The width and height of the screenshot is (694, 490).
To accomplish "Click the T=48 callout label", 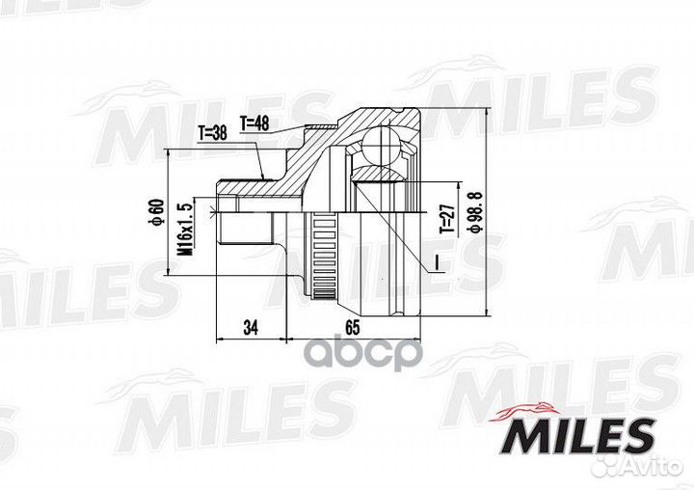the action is (254, 123).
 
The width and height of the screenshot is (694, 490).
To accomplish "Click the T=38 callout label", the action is (212, 132).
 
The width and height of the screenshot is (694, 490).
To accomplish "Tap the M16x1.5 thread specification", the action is (185, 230).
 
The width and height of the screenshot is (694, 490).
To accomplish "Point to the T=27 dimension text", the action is (447, 219).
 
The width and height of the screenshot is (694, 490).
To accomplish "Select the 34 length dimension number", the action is (251, 327).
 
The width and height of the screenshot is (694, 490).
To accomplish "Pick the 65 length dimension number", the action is (353, 327).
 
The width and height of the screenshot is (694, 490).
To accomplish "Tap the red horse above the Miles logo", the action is (524, 411).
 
